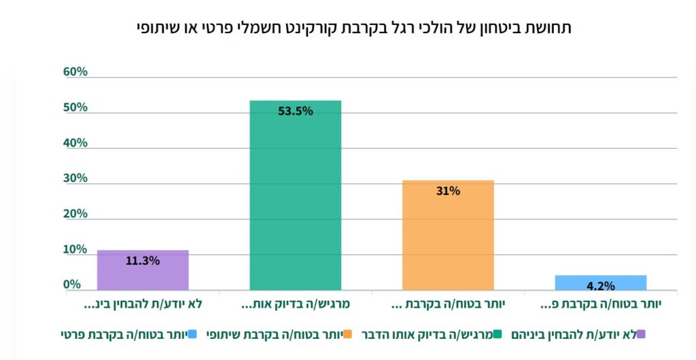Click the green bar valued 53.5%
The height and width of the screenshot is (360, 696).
tap(295, 197)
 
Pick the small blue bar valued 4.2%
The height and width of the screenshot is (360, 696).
tap(600, 283)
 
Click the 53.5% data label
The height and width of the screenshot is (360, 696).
tap(296, 111)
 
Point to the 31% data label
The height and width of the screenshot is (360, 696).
tap(448, 191)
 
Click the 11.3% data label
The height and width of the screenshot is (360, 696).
tap(143, 260)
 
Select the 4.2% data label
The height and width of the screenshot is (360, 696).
tap(600, 286)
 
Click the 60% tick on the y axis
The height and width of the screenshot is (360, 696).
tap(75, 72)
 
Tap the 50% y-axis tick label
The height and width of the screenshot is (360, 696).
tap(75, 107)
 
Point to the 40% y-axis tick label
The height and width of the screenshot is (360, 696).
tap(75, 143)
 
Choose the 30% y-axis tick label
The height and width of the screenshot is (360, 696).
tap(75, 178)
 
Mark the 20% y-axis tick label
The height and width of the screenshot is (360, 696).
tap(75, 213)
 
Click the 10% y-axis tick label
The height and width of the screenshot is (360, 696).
tap(75, 249)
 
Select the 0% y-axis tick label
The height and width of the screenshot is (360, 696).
tap(72, 285)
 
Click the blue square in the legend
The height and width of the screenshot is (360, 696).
tap(192, 334)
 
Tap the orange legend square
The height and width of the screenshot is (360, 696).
tap(347, 334)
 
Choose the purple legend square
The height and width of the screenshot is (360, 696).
tap(642, 334)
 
